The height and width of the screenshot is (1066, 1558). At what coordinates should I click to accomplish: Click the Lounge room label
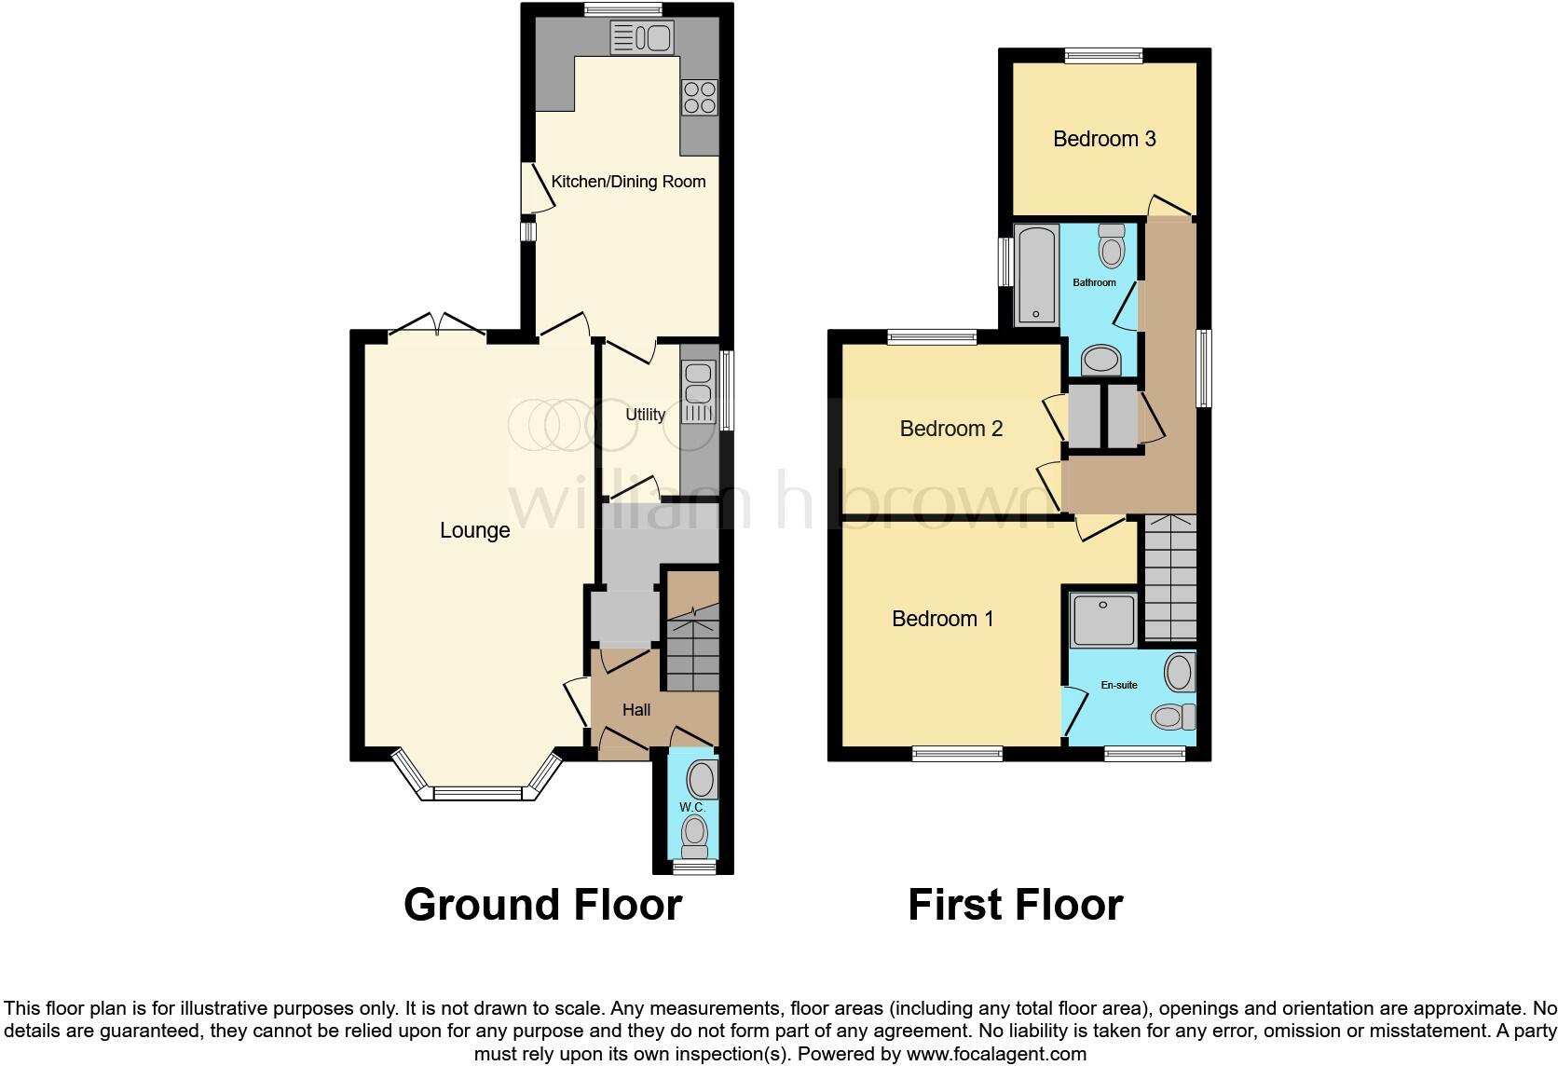pos(474,530)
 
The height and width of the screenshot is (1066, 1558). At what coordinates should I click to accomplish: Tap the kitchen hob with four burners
pos(700,97)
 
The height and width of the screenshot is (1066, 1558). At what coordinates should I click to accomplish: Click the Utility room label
pos(645,415)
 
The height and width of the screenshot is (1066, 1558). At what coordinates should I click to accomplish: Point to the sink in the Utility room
pos(697,391)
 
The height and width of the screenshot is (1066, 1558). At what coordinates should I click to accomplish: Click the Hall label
pos(636,710)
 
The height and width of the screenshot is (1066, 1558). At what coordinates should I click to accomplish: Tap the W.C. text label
pos(692,807)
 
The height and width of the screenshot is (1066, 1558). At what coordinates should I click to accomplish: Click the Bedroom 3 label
pos(1104,139)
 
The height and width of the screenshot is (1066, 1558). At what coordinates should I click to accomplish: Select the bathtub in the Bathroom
pos(1035,275)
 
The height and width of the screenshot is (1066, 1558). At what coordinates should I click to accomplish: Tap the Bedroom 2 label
pos(950,429)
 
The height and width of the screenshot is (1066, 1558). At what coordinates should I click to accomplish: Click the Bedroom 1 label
pos(942,619)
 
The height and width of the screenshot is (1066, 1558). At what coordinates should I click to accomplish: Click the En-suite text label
pos(1118,685)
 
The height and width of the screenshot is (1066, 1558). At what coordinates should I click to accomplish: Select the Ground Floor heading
pos(542,905)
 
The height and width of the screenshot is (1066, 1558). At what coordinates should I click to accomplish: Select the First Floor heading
pos(1015,905)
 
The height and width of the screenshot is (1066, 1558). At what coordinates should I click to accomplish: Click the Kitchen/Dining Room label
pos(628,182)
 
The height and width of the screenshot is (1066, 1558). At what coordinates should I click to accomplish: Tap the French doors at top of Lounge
pos(437,323)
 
